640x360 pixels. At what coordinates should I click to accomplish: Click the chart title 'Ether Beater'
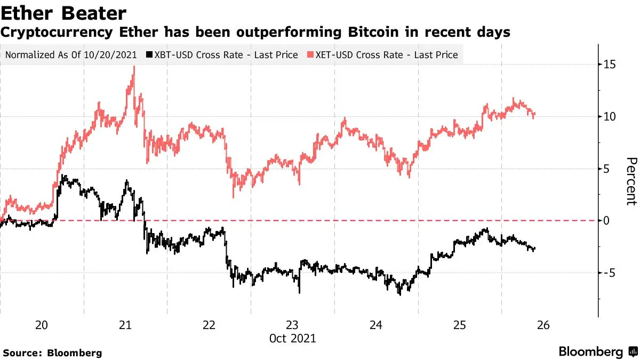64,13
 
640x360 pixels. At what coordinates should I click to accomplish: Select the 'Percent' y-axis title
631,181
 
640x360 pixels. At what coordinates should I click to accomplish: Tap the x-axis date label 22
209,325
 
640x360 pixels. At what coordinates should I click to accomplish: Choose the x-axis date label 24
376,325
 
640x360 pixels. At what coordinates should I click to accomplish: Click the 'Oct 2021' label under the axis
293,338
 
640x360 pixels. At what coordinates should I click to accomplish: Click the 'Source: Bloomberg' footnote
52,353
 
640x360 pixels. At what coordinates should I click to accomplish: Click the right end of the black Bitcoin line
534,249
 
